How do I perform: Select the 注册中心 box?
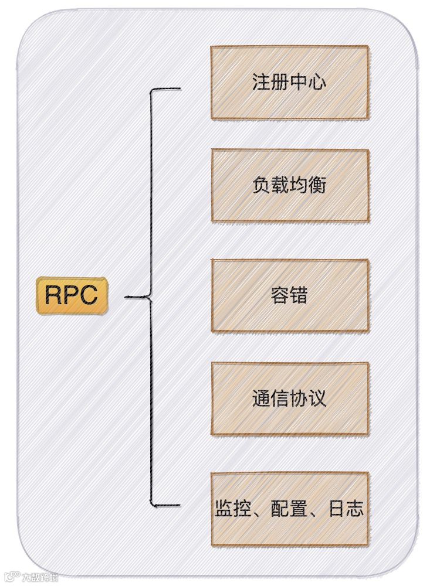[289, 82]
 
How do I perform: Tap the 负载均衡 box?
[289, 185]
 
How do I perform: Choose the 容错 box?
[289, 295]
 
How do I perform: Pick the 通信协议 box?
[289, 398]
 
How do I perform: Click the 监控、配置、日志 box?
[289, 509]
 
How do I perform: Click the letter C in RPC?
[89, 296]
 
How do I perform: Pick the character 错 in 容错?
[299, 295]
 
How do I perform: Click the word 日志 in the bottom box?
[346, 509]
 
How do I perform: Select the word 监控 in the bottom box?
[232, 509]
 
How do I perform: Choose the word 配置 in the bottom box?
[289, 509]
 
